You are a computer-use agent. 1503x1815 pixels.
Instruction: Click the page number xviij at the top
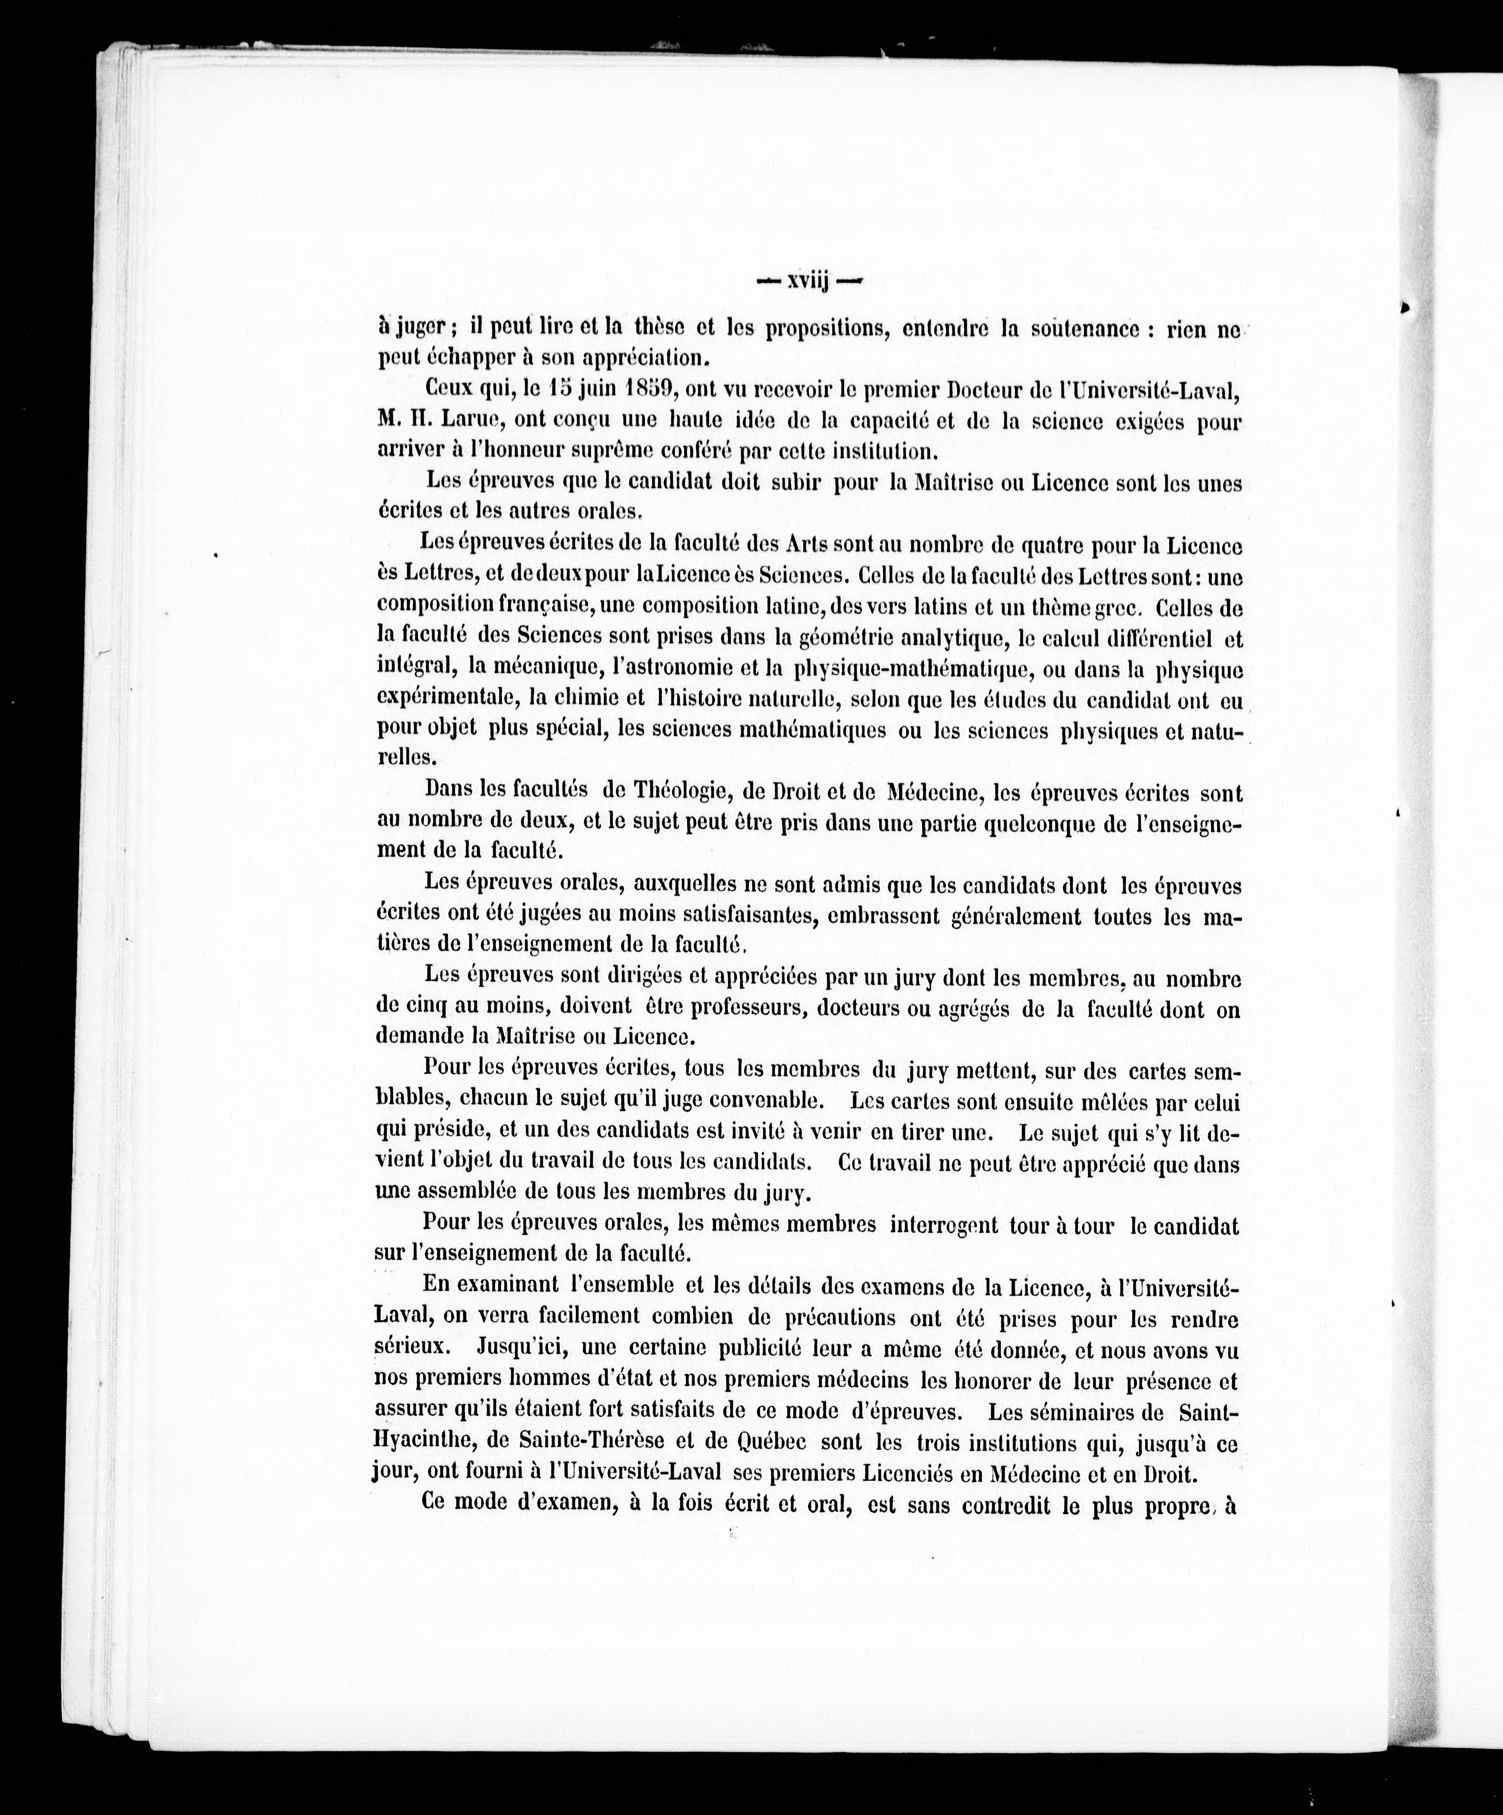[808, 282]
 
